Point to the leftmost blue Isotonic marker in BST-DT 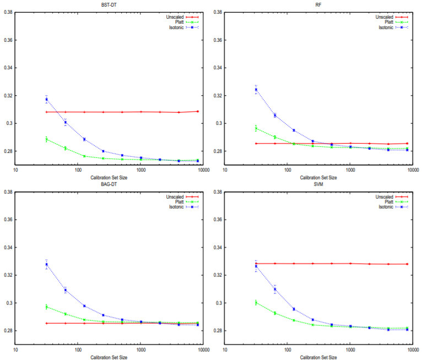47,99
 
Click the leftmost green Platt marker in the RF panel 256,129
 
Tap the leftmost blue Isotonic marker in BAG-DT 47,265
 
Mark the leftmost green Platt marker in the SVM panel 256,302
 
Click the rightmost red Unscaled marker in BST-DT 197,111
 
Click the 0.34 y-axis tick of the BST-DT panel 8,68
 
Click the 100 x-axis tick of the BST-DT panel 78,171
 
